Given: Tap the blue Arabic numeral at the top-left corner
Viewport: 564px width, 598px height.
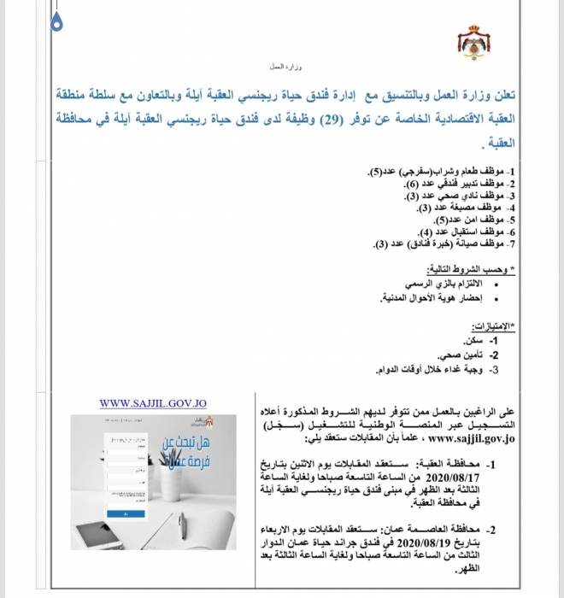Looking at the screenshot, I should click(56, 23).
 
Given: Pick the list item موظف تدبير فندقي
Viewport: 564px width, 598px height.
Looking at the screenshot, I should click(461, 184).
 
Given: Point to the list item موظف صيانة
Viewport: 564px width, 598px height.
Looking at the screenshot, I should click(444, 243).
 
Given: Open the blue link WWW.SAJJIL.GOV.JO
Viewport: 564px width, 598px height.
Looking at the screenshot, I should click(153, 403).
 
